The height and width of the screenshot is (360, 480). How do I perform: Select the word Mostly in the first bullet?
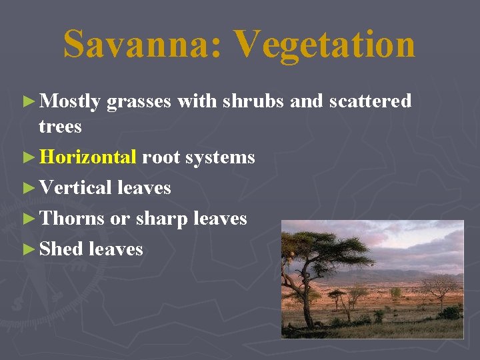(x=70, y=101)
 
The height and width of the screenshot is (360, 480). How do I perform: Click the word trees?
(x=60, y=126)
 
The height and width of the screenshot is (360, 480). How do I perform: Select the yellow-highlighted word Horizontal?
(x=88, y=157)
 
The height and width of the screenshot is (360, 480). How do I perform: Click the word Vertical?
(x=75, y=188)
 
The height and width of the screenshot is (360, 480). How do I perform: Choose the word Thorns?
(x=72, y=219)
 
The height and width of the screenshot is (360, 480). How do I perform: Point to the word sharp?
(x=163, y=219)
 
